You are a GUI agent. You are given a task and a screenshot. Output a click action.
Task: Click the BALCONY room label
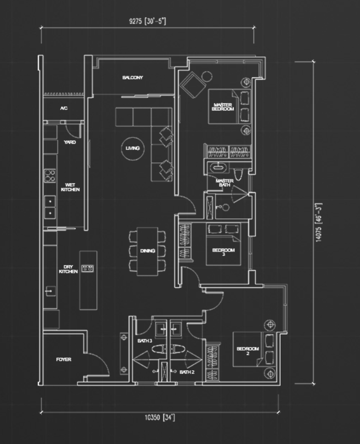click(132, 78)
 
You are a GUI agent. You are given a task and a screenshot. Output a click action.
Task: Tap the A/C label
click(64, 108)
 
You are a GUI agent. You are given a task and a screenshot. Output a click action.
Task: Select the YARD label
click(70, 142)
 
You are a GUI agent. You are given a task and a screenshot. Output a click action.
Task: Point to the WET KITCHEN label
click(70, 187)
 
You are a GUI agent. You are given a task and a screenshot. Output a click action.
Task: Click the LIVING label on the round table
click(132, 148)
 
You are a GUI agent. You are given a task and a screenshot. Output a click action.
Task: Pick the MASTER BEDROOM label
click(223, 107)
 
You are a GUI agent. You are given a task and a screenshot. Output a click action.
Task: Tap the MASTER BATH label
click(224, 183)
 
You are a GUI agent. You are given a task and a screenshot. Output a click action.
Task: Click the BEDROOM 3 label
click(224, 252)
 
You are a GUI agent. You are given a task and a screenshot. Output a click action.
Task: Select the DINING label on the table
click(147, 251)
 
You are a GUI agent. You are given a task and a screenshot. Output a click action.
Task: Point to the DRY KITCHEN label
click(68, 269)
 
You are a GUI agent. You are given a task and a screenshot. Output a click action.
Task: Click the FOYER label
click(64, 359)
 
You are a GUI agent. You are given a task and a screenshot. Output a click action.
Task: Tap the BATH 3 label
click(145, 341)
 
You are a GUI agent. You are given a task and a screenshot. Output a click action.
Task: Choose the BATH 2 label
click(187, 372)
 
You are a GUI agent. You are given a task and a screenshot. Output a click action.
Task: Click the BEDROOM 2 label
click(247, 351)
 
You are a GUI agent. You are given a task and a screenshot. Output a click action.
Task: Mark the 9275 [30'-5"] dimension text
click(147, 22)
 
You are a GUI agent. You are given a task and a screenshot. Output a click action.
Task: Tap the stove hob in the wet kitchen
click(50, 175)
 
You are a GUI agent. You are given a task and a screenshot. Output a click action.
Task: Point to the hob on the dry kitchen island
click(88, 268)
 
